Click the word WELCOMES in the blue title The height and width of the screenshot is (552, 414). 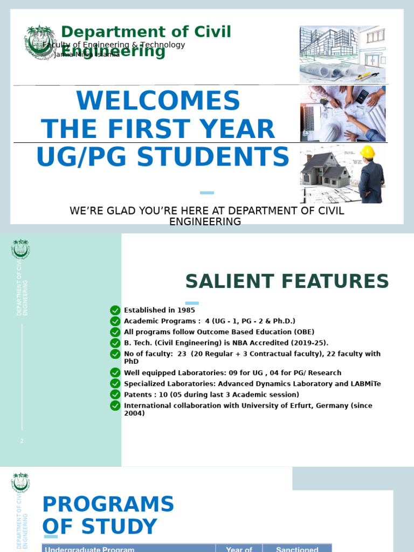[158, 101]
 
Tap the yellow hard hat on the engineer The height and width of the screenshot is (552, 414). [367, 151]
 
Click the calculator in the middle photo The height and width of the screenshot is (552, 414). [362, 96]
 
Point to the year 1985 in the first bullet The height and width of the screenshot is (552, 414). [186, 310]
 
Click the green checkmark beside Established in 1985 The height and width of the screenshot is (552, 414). [115, 310]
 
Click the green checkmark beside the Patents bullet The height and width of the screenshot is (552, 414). [115, 395]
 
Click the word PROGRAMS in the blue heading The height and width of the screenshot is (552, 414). [108, 505]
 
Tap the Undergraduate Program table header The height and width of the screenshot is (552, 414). [89, 549]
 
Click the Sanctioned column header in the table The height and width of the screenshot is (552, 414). [297, 549]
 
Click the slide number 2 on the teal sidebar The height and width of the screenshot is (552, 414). [22, 441]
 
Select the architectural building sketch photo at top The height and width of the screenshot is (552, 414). [342, 54]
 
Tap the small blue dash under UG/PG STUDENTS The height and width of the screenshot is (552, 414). [206, 192]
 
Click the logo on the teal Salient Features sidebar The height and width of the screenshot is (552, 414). [20, 249]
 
